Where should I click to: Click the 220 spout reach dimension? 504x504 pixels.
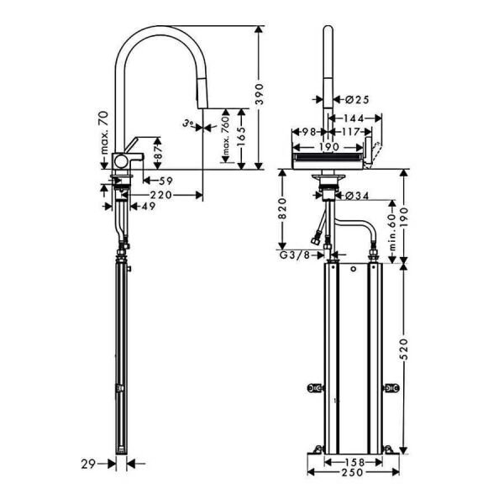coord(161,195)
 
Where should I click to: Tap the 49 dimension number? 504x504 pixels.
coord(148,206)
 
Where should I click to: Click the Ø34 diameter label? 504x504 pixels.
coord(358,197)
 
